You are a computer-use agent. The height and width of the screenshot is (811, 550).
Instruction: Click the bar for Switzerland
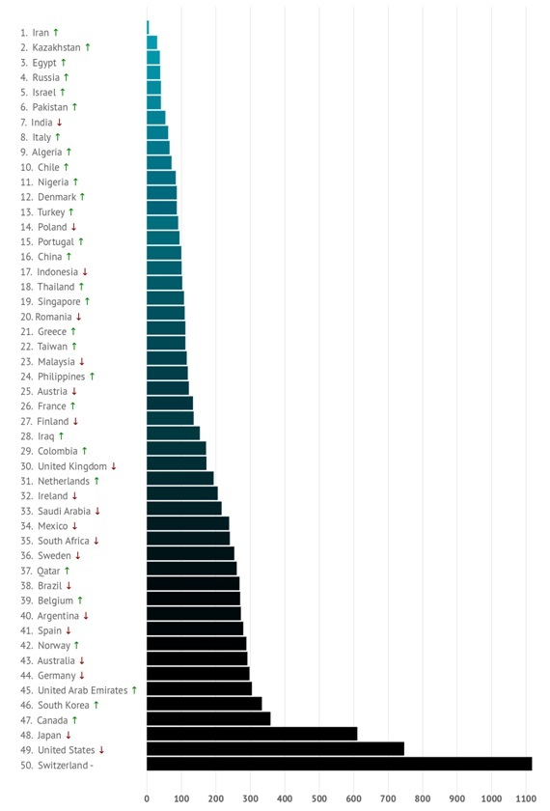339,764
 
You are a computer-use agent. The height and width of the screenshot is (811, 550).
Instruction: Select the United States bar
276,749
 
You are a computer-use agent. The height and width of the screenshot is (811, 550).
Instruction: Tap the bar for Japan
252,734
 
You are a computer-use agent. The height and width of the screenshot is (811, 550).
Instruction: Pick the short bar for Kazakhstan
152,42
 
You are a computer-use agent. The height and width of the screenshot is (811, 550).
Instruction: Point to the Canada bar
208,719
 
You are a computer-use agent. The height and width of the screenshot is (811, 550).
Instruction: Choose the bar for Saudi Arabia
184,509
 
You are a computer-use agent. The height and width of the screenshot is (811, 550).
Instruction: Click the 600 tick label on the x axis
353,798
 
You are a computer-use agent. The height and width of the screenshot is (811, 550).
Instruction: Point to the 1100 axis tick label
526,798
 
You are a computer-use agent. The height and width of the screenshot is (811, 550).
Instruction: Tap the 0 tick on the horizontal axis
147,798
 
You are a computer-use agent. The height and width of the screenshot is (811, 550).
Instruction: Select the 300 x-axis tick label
250,798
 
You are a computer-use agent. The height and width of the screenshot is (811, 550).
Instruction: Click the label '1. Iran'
35,33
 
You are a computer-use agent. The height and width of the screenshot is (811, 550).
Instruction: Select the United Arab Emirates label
83,690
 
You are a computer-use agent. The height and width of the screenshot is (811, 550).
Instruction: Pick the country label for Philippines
61,378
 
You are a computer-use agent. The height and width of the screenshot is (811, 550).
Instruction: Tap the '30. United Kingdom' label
64,466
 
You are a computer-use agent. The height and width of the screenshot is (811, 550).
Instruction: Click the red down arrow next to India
60,123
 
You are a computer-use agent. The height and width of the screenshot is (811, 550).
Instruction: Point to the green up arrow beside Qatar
67,571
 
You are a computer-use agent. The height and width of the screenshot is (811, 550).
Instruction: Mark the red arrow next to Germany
82,676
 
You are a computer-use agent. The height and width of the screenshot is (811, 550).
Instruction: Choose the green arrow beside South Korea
96,705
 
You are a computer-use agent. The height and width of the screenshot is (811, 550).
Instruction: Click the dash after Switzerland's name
92,766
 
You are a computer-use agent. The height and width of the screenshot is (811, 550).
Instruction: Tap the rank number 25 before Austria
26,392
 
